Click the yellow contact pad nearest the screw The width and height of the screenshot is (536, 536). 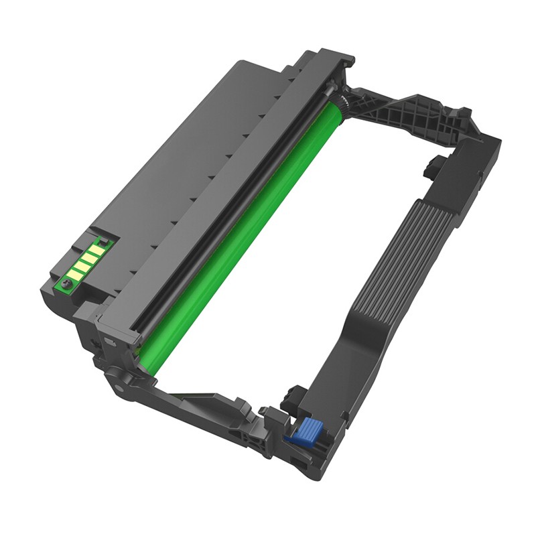pyautogui.click(x=75, y=273)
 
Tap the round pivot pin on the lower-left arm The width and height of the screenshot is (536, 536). pyautogui.click(x=119, y=387)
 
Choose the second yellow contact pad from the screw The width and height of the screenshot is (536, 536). pyautogui.click(x=82, y=265)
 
